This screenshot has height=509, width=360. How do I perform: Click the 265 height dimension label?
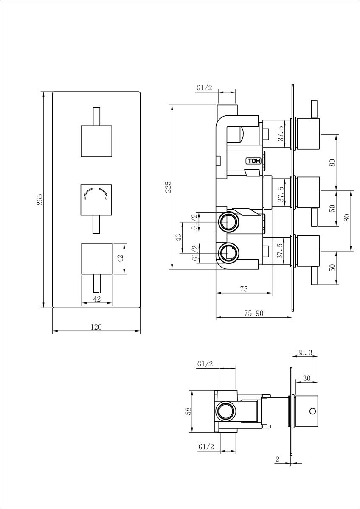click(40, 199)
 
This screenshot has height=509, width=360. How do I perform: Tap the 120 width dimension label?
click(96, 327)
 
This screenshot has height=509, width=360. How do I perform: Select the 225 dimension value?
click(168, 187)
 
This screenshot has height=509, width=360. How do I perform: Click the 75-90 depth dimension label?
click(253, 313)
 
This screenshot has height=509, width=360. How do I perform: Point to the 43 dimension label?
click(179, 237)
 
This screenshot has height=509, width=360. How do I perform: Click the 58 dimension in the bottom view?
click(188, 411)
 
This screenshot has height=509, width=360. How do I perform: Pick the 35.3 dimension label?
click(305, 352)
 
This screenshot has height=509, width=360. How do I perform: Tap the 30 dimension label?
click(307, 378)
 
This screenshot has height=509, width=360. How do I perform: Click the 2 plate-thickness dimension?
click(277, 457)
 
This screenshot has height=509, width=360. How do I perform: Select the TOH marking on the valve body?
click(253, 161)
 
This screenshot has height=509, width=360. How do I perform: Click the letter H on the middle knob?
click(85, 198)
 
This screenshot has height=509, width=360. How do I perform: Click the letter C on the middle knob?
click(106, 198)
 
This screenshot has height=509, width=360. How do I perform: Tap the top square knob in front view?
click(96, 141)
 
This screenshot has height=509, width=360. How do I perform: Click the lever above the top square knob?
click(97, 116)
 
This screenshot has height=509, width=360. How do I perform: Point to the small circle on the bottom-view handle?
click(313, 411)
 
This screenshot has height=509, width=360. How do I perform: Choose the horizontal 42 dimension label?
click(97, 299)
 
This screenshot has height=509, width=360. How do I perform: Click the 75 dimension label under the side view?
click(244, 289)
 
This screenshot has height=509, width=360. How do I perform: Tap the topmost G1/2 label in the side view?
click(204, 88)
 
